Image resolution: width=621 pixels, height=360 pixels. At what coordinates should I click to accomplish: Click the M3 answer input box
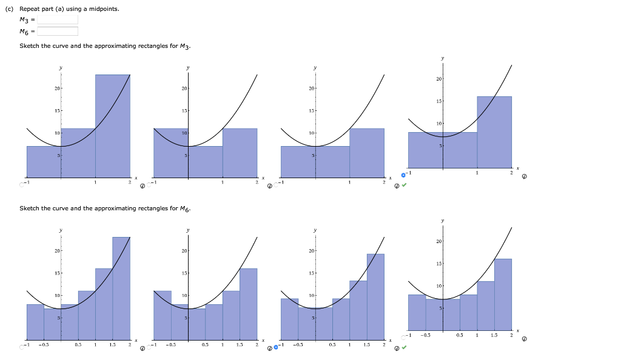tap(58, 19)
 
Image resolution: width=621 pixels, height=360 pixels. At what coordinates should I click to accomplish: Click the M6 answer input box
tap(58, 32)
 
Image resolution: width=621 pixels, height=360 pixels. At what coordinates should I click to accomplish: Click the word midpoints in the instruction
tap(90, 9)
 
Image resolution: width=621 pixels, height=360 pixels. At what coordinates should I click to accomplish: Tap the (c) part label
tap(10, 9)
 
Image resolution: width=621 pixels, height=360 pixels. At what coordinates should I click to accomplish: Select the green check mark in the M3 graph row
tap(404, 186)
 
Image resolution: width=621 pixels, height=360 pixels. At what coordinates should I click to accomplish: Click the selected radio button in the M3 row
tap(403, 175)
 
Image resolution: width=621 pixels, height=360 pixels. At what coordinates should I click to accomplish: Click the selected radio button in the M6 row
tap(277, 348)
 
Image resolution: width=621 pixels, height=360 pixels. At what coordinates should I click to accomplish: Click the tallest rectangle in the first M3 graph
tap(112, 124)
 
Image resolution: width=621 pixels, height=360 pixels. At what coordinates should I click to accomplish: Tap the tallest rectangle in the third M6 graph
tap(375, 297)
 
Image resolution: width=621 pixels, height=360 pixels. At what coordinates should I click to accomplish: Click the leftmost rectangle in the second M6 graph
tap(162, 315)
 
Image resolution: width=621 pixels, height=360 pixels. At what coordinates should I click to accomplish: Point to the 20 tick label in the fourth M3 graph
tap(438, 79)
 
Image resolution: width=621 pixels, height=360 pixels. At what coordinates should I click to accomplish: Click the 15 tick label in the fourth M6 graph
tap(438, 264)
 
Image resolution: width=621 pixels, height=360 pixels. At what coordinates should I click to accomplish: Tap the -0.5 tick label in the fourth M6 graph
tap(427, 335)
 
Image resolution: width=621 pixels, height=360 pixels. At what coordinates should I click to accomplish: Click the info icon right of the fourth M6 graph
tap(524, 339)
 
